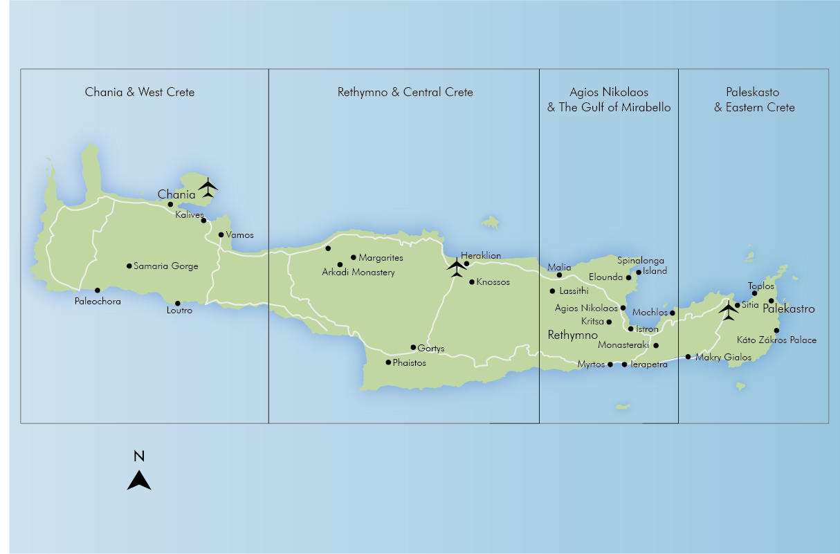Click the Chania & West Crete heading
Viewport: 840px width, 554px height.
tap(140, 92)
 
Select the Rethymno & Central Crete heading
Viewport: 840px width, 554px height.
tap(405, 92)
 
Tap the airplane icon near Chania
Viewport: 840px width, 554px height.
tap(208, 187)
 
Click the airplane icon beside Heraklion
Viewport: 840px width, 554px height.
tap(457, 267)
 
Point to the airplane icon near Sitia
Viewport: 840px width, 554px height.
tap(728, 311)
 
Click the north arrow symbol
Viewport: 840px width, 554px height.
tap(139, 480)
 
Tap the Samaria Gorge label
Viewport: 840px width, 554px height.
tap(166, 266)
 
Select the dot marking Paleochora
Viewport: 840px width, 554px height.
tap(98, 290)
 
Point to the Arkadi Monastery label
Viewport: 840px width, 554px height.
tap(358, 273)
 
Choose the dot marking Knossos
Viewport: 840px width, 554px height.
tap(472, 282)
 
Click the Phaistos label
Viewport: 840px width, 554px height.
tap(410, 362)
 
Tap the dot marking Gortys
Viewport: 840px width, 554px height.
tap(414, 347)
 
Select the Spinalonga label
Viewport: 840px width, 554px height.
tap(641, 261)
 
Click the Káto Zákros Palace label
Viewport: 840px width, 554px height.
tap(776, 340)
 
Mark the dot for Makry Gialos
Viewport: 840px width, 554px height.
tap(688, 357)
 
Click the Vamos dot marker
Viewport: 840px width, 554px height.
tap(221, 234)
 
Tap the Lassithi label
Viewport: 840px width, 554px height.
tap(574, 291)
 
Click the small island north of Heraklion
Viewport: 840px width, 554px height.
tap(491, 223)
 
